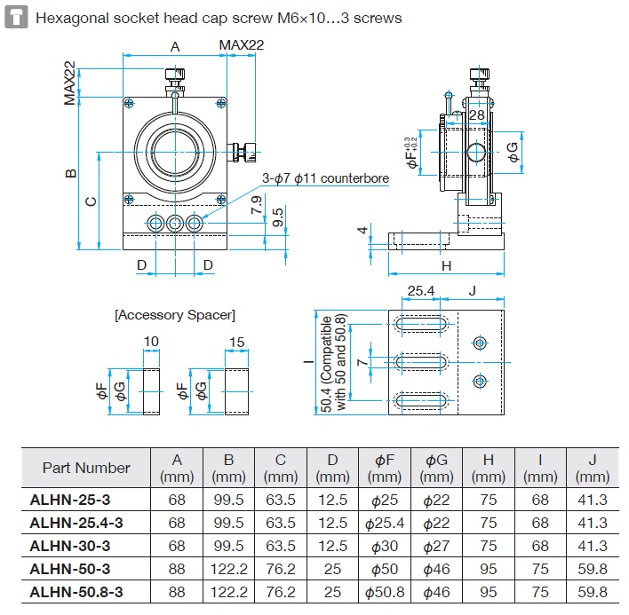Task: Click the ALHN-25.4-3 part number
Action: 76,523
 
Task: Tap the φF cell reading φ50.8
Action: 384,592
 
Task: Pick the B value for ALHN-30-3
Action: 229,546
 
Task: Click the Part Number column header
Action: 86,468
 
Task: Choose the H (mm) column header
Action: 489,468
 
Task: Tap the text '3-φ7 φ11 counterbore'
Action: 325,178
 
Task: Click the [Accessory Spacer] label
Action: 175,315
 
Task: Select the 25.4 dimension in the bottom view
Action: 420,290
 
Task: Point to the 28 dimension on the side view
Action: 477,114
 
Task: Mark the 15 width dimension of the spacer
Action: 236,343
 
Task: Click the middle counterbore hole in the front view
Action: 175,223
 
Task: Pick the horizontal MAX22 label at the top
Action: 242,45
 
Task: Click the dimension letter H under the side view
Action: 447,265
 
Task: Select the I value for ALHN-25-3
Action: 540,500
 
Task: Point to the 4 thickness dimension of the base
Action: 362,232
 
